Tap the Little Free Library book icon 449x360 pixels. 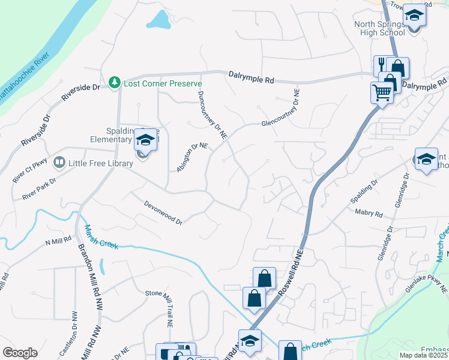[x=59, y=161]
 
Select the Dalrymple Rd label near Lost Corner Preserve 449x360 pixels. [x=251, y=76]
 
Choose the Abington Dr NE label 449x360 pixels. [x=191, y=157]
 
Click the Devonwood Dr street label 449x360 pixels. [x=163, y=212]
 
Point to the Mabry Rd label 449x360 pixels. [x=369, y=213]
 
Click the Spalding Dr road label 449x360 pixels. [x=367, y=191]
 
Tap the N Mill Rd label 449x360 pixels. [x=58, y=242]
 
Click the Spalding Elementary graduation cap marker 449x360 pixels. [x=145, y=140]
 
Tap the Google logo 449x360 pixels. [x=20, y=353]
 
